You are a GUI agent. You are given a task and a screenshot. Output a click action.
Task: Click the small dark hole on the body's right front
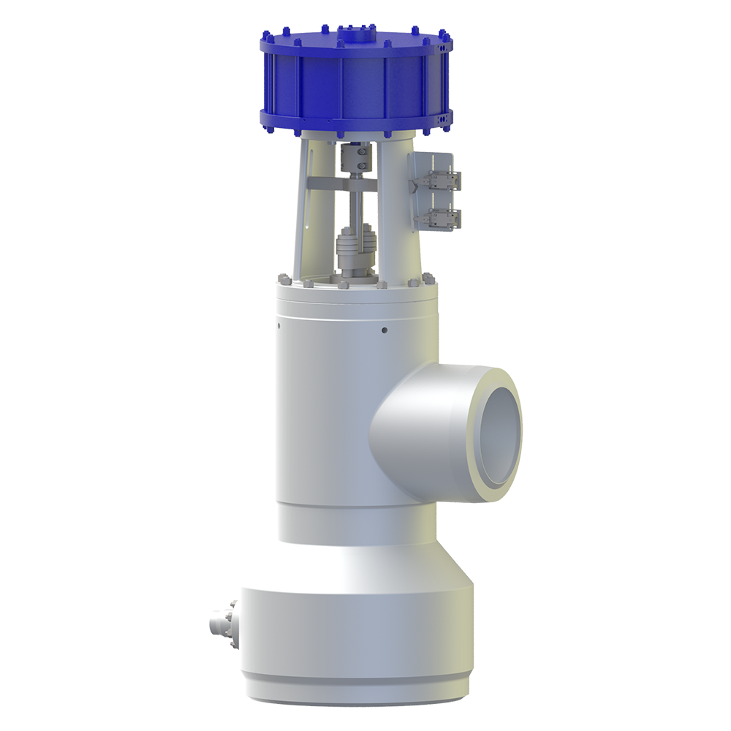[384, 330]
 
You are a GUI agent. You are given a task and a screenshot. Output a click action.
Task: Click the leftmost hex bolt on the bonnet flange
[281, 279]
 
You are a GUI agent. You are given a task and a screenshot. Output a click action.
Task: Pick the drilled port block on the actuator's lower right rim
[443, 116]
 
